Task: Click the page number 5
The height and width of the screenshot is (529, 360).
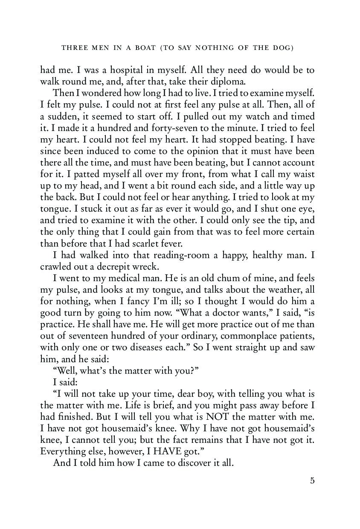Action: pyautogui.click(x=312, y=481)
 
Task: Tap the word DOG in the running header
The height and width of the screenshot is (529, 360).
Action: pyautogui.click(x=282, y=48)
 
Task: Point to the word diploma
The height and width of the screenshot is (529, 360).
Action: pyautogui.click(x=219, y=81)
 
